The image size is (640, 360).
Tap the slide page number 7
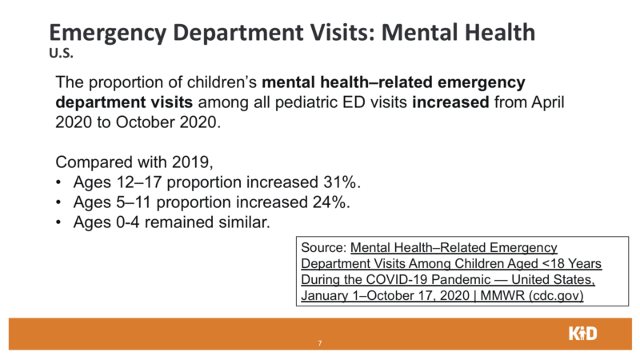click(x=320, y=343)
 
